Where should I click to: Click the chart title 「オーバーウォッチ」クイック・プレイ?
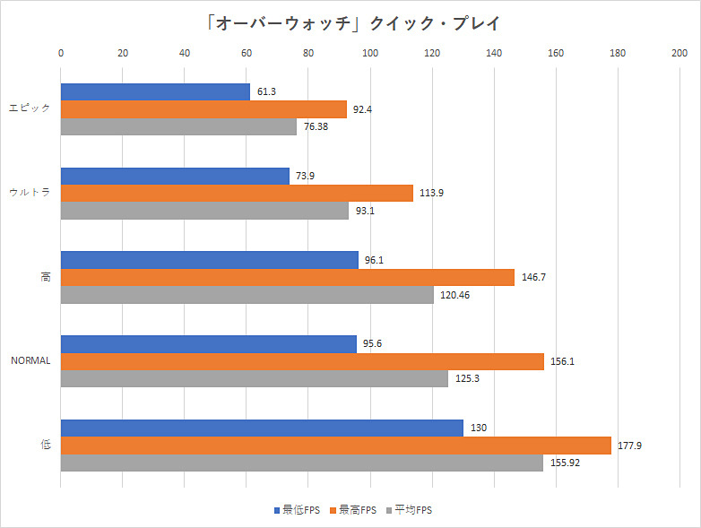[350, 22]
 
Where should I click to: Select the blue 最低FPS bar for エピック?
[155, 91]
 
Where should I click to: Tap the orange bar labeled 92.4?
[203, 109]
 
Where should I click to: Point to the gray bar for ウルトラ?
[204, 211]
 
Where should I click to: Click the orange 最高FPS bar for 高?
[287, 277]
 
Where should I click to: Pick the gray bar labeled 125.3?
[254, 379]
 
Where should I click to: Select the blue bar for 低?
[262, 428]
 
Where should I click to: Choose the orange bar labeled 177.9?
[335, 446]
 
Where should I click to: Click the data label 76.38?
[317, 127]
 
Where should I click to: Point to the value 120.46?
[454, 295]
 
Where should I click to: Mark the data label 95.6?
[373, 343]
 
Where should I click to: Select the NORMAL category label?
[30, 361]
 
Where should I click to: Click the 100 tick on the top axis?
[369, 53]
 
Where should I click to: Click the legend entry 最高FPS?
[355, 510]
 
